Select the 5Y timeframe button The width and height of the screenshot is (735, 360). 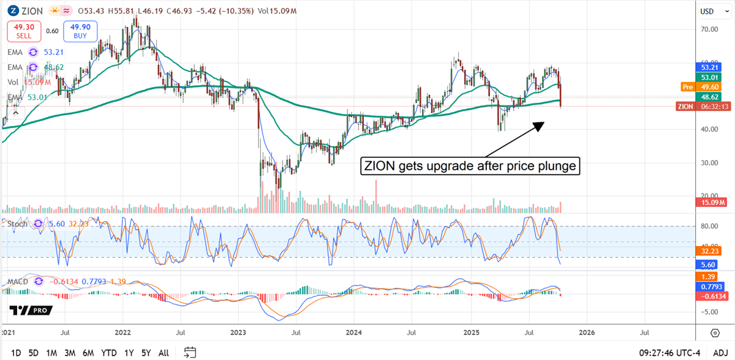(145, 353)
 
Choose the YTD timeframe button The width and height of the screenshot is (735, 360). (108, 353)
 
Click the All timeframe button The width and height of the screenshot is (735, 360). (164, 353)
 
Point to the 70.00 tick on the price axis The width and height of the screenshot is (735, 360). (709, 29)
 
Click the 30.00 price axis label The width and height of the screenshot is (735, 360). (709, 163)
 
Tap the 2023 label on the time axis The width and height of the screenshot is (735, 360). (238, 333)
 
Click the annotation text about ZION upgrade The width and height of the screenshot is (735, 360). (470, 165)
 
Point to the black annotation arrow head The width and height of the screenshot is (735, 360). (540, 124)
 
